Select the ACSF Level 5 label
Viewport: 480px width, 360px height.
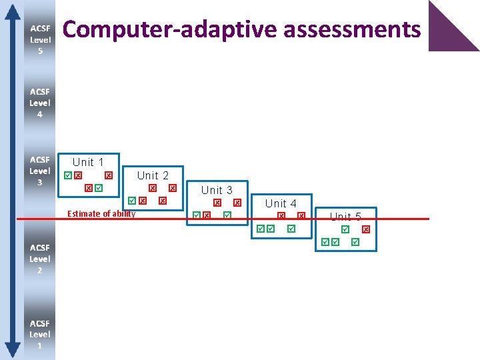point(39,40)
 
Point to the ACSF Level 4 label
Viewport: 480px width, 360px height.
point(39,103)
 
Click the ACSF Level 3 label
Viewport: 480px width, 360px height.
point(39,171)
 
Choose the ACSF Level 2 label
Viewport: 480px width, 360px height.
point(39,259)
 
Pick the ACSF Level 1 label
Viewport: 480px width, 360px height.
point(39,334)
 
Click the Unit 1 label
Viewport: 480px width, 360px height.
point(88,162)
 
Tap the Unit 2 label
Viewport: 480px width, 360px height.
point(153,175)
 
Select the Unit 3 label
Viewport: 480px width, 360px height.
point(217,190)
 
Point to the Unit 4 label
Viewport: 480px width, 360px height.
point(281,203)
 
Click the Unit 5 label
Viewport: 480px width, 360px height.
point(345,217)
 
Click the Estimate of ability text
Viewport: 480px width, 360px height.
point(101,214)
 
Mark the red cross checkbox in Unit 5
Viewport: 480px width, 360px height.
point(365,229)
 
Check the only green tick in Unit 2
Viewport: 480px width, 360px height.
point(132,201)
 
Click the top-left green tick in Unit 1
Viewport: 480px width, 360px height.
point(67,175)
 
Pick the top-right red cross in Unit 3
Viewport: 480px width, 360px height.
point(237,203)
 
